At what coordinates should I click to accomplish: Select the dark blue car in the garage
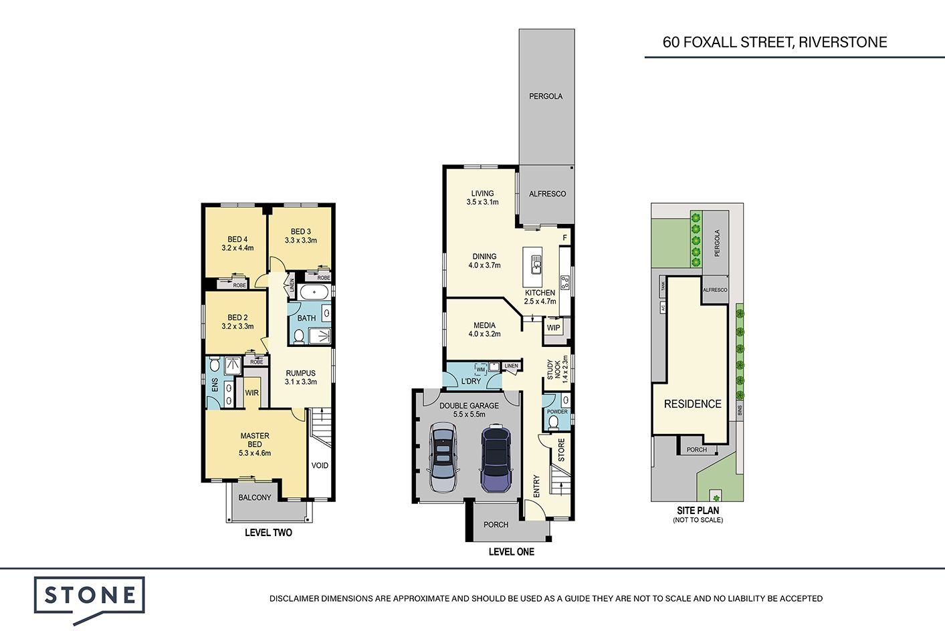click(x=496, y=459)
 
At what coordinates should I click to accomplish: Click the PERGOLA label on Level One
click(x=546, y=96)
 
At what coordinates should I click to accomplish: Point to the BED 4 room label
click(x=237, y=239)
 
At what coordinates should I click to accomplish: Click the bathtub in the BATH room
click(x=314, y=291)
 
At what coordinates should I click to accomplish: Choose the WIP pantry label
click(x=554, y=328)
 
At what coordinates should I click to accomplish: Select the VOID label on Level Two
click(x=320, y=465)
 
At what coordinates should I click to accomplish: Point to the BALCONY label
click(x=255, y=497)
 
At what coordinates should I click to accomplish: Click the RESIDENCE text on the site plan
click(x=693, y=404)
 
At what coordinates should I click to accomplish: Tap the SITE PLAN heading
click(x=698, y=511)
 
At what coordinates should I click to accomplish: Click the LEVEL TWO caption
click(x=268, y=532)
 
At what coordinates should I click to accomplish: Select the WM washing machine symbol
click(x=481, y=369)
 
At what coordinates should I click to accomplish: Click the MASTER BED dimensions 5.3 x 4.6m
click(x=255, y=453)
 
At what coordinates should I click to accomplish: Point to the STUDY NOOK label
click(x=554, y=369)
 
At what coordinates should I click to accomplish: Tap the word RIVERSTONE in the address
click(x=843, y=42)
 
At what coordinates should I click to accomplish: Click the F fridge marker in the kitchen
click(x=565, y=238)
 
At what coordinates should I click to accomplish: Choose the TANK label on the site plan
click(x=663, y=287)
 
